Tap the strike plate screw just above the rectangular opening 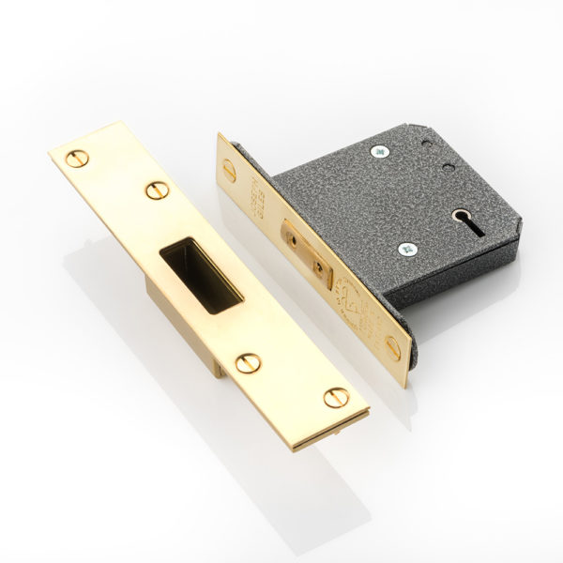point(154,190)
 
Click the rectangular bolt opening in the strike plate point(200,272)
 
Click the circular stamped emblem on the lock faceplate point(351,300)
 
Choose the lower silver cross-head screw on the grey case point(406,250)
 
